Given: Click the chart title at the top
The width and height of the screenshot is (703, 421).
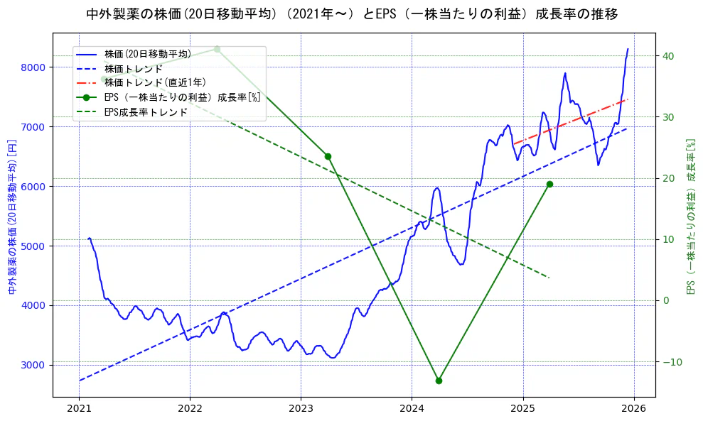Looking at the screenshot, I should [352, 14].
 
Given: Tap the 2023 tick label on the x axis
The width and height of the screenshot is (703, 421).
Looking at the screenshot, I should [301, 410].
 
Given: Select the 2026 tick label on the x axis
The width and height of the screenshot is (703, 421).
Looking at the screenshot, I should [634, 410].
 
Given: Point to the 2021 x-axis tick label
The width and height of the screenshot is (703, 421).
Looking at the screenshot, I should [79, 410].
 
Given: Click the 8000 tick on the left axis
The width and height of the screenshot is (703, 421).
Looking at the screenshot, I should [34, 67].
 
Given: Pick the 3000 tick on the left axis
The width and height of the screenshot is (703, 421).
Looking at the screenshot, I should [34, 365].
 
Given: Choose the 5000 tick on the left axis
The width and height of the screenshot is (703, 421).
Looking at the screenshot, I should [34, 246].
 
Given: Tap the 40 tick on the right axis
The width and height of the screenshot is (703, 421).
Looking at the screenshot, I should [668, 56].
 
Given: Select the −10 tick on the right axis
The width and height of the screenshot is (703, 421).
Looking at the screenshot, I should [670, 361].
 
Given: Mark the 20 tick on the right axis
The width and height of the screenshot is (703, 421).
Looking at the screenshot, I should [668, 178].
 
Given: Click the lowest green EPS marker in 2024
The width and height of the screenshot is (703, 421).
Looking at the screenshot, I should [439, 381].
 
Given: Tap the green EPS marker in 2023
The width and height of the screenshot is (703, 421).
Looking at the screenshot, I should [328, 156].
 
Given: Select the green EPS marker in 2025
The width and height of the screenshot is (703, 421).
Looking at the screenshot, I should [549, 184].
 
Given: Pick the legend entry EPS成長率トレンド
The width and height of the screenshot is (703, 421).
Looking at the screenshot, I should [146, 111].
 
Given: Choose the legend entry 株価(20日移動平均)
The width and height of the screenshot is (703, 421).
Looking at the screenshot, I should [147, 54].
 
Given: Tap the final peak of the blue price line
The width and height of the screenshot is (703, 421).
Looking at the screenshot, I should [628, 49].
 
